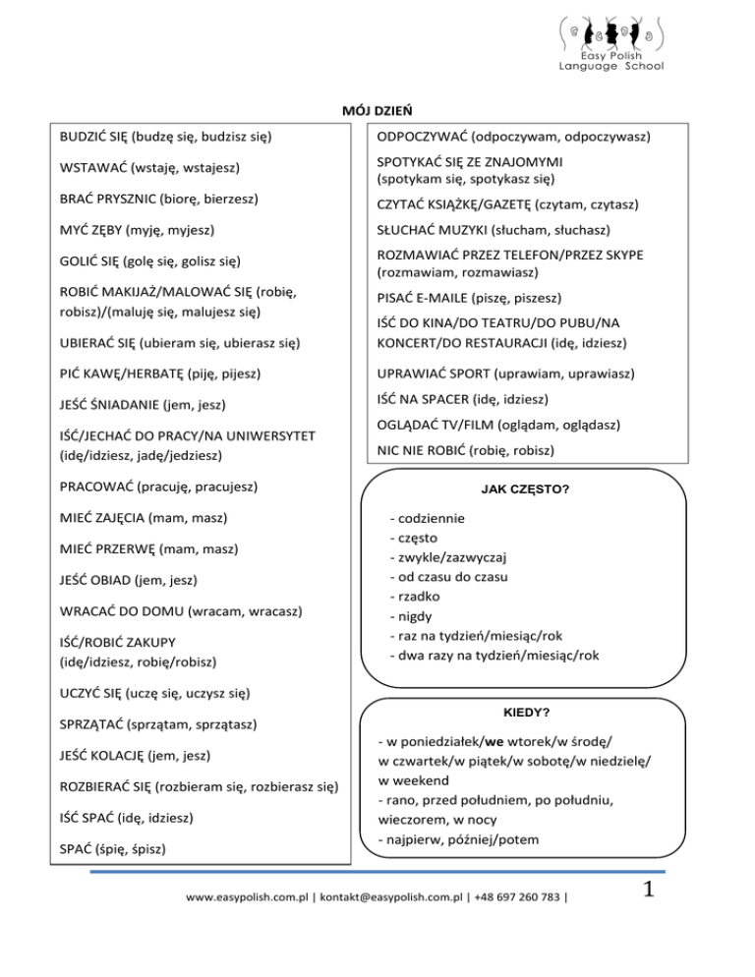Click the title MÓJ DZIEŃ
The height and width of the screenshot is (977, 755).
[x=377, y=111]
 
